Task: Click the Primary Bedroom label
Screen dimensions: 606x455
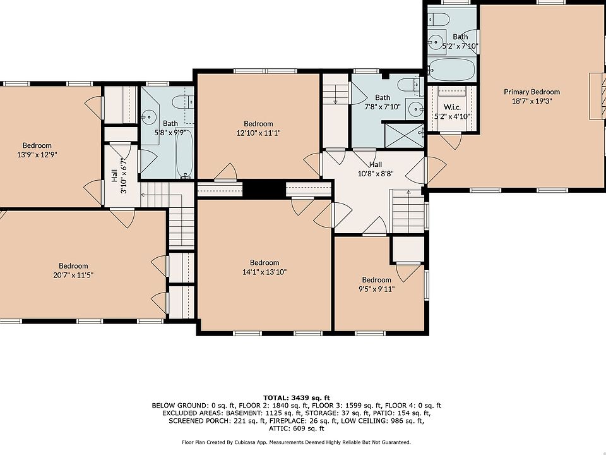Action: point(532,92)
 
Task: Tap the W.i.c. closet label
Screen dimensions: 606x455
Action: point(452,107)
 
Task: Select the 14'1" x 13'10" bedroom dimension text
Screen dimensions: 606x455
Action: point(264,272)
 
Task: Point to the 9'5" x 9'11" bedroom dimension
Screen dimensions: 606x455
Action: point(376,289)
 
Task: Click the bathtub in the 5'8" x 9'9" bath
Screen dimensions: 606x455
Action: point(185,154)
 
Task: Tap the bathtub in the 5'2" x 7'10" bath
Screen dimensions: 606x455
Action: point(452,70)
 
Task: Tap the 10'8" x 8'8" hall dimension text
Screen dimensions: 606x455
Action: point(376,174)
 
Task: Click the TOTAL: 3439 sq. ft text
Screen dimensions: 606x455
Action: point(297,397)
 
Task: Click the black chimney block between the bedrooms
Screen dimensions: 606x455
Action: point(264,189)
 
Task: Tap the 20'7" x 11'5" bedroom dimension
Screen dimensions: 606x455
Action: point(73,275)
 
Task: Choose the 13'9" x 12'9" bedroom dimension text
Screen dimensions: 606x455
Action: point(37,155)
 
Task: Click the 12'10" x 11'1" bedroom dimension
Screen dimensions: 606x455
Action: point(259,133)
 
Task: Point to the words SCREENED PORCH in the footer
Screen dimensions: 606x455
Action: point(200,421)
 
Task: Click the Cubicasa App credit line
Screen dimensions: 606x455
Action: point(297,442)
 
